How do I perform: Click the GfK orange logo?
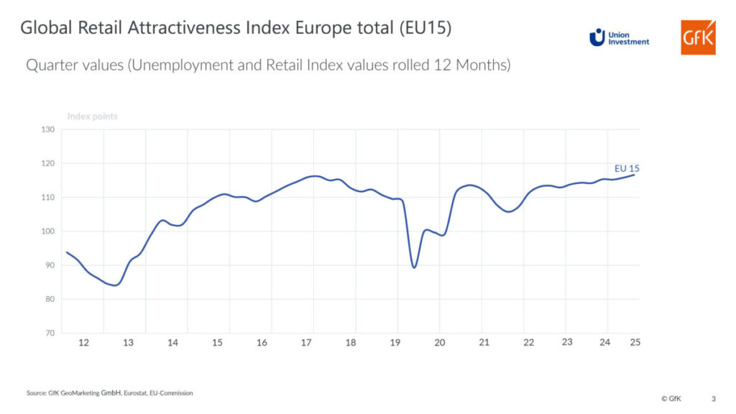tap(698, 37)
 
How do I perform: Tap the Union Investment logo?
tap(619, 37)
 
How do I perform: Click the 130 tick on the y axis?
tap(48, 130)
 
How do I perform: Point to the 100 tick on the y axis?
tap(48, 231)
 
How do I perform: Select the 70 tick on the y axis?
tap(48, 333)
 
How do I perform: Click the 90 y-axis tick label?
tap(50, 266)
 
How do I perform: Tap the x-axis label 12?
tap(83, 343)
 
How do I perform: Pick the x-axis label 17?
tap(306, 343)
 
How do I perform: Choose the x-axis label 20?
tap(439, 343)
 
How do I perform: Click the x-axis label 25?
tap(635, 342)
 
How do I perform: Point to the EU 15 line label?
tap(627, 169)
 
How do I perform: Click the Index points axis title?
tap(92, 116)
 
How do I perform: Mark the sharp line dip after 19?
tap(414, 267)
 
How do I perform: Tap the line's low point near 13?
tap(115, 285)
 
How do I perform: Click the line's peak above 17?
tap(313, 176)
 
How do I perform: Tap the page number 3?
tap(713, 398)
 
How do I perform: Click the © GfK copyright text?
tap(672, 398)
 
